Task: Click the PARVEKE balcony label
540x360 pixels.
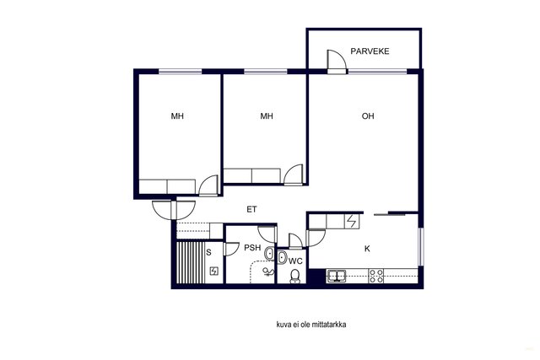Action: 370,51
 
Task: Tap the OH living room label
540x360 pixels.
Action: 368,116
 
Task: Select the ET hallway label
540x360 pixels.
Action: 251,209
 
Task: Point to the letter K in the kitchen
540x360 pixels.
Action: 367,249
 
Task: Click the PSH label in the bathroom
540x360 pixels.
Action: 252,248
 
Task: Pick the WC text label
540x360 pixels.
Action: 295,261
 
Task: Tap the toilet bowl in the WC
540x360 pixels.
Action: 294,276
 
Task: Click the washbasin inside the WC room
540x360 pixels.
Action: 282,257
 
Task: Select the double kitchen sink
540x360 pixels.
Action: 337,276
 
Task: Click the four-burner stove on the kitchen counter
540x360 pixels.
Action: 376,276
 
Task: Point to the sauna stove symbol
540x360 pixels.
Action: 213,271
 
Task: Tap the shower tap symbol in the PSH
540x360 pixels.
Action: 267,272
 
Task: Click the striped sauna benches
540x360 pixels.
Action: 191,262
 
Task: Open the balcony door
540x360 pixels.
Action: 337,62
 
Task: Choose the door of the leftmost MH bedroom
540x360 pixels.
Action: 208,185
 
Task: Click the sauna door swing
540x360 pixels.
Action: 231,249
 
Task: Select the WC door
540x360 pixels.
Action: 295,240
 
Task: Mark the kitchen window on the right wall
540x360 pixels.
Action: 421,246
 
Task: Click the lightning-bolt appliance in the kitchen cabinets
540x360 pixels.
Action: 352,221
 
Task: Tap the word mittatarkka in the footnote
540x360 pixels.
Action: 328,325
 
